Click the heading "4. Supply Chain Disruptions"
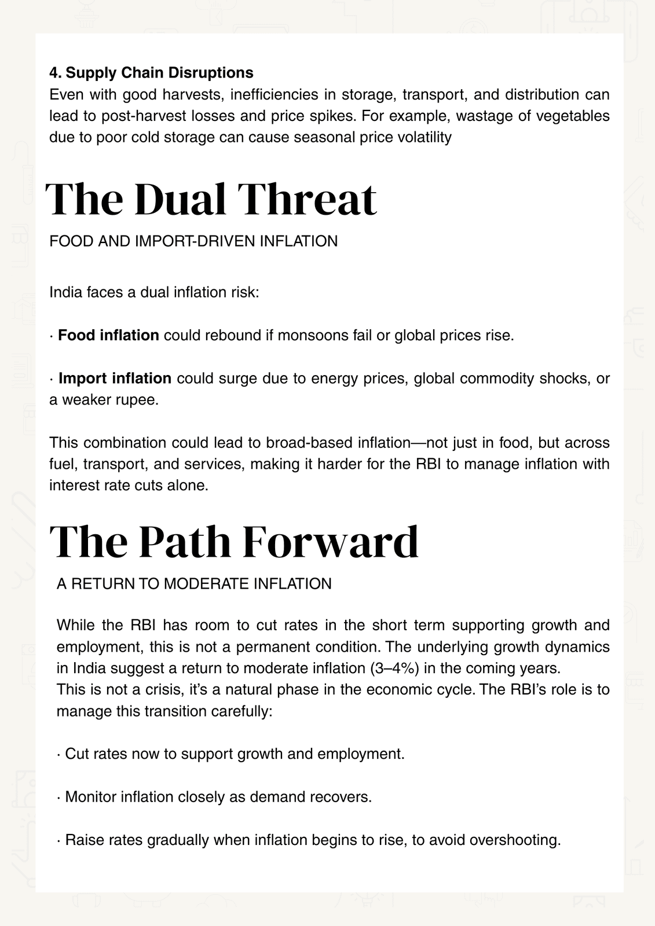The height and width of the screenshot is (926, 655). [151, 73]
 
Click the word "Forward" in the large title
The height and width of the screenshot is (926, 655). [330, 542]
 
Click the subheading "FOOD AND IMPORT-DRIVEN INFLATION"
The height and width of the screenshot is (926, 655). [193, 241]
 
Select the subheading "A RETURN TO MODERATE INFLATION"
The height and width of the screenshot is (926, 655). [194, 584]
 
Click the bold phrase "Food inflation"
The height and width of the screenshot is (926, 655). [108, 336]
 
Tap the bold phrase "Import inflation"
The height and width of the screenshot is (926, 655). [115, 379]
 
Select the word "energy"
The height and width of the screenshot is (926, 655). [333, 379]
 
